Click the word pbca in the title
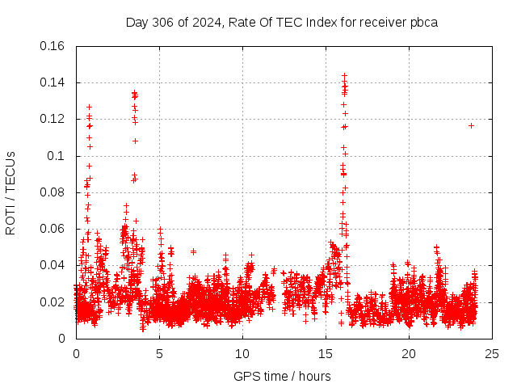[x=422, y=22]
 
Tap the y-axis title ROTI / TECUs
[x=11, y=192]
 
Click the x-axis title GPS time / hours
[x=282, y=376]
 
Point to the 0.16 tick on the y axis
[x=55, y=46]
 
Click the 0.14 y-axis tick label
[x=55, y=82]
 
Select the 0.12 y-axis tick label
[x=55, y=119]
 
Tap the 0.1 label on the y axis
[x=58, y=156]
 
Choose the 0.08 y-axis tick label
[x=55, y=192]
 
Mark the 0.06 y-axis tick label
[x=55, y=229]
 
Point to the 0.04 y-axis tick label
[x=55, y=265]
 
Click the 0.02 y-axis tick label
[x=55, y=302]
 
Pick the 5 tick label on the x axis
[x=159, y=353]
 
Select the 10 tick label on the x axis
[x=242, y=353]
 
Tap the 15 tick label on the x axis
[x=326, y=353]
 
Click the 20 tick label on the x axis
[x=409, y=353]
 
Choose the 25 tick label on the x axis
[x=492, y=353]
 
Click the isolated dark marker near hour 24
[x=471, y=125]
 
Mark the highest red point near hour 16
[x=344, y=75]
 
